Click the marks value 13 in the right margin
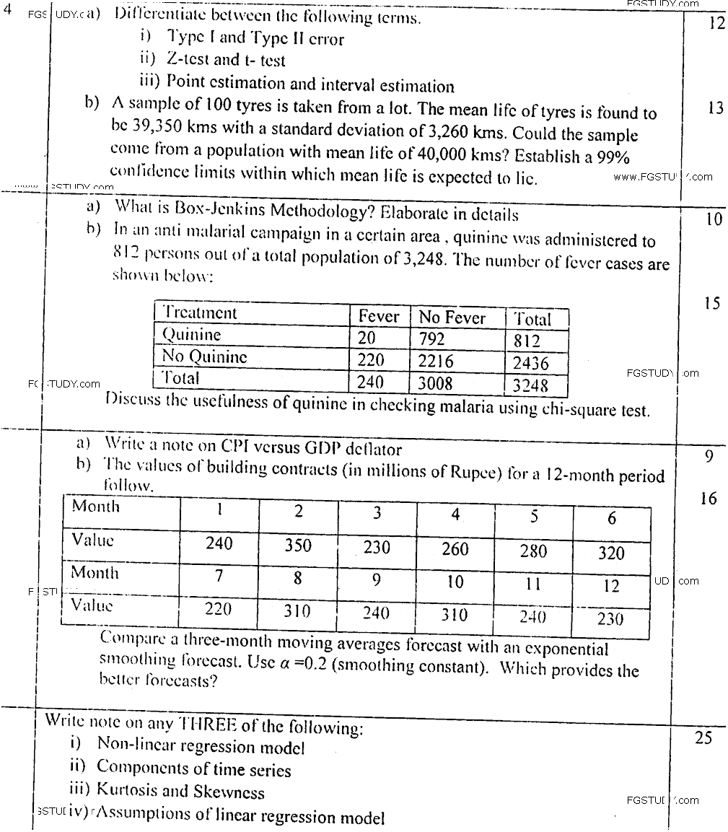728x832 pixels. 716,109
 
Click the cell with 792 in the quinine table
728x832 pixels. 431,338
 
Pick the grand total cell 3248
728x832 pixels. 530,385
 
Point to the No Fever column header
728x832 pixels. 452,318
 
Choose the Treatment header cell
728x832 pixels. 199,313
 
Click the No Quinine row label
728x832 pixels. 204,356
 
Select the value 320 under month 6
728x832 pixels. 611,553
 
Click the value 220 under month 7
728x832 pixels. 218,609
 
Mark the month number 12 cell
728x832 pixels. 611,585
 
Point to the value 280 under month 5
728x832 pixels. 533,551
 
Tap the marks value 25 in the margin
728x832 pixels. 703,737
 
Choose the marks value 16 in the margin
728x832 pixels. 709,499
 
